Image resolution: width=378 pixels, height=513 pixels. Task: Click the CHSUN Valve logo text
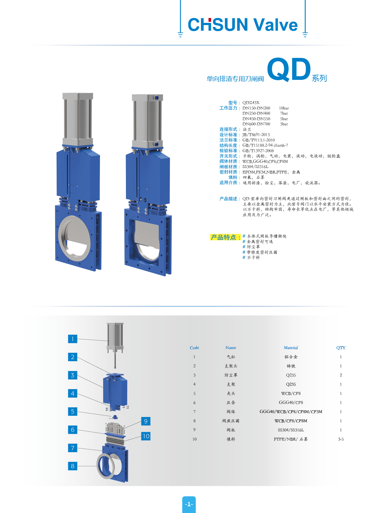(x=243, y=24)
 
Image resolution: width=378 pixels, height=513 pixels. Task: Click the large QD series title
(x=289, y=69)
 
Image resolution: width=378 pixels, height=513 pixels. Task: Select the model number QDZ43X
(x=251, y=103)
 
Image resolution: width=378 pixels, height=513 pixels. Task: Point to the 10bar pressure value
(x=284, y=108)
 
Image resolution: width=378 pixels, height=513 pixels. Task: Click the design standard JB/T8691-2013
(x=256, y=135)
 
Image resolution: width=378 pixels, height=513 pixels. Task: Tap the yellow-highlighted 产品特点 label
(x=225, y=237)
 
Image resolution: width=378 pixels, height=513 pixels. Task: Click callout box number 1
(x=73, y=339)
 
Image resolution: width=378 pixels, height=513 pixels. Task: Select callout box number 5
(x=73, y=411)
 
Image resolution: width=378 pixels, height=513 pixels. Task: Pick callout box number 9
(x=146, y=421)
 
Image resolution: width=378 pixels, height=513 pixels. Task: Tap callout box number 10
(x=146, y=436)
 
